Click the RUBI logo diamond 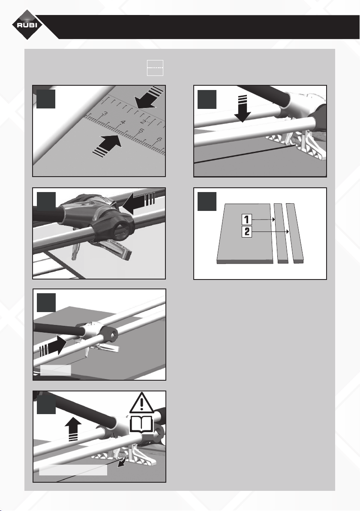[27, 25]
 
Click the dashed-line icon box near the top [155, 68]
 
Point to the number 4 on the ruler [123, 123]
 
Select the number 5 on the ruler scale [141, 131]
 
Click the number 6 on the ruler [159, 140]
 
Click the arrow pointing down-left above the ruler [148, 97]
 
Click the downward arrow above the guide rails [242, 108]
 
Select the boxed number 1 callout [246, 219]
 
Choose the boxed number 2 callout [246, 232]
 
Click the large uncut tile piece [244, 234]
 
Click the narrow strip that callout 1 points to [281, 233]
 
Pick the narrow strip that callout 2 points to [295, 233]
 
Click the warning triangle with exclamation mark [142, 403]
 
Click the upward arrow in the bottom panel [73, 429]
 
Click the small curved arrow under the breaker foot [122, 461]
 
